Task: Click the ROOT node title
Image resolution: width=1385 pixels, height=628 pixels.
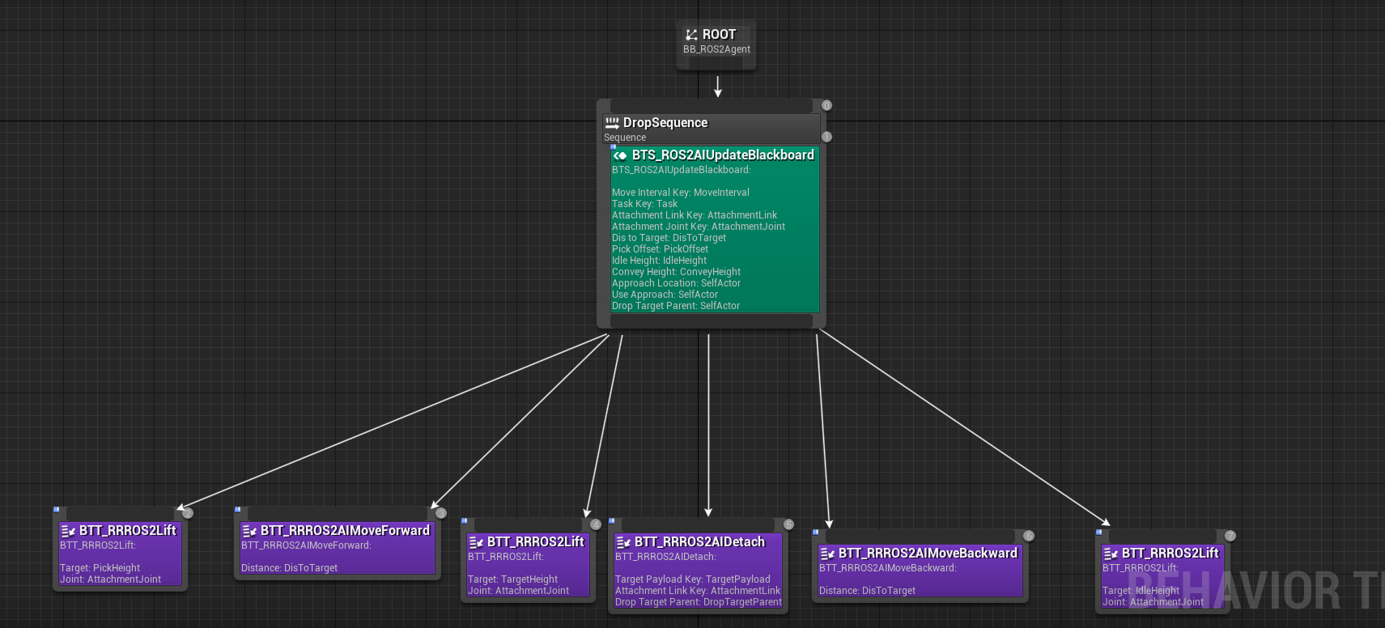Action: [719, 35]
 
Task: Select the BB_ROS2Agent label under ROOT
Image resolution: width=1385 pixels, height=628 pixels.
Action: [716, 49]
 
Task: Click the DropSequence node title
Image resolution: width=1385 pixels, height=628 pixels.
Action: [665, 122]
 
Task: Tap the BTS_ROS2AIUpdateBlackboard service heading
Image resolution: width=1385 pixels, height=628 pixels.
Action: [723, 155]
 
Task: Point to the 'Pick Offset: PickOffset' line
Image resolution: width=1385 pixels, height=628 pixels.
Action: [660, 249]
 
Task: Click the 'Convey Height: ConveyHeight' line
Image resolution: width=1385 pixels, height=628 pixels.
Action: [676, 272]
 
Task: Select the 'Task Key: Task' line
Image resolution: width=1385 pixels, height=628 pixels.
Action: [644, 204]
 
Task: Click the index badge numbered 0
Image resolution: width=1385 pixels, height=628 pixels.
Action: [826, 106]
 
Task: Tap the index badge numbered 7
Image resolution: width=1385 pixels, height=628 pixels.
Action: [1230, 536]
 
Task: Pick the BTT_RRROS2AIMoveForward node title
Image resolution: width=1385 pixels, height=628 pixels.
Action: [345, 530]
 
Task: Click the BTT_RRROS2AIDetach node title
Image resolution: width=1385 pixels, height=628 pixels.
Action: [699, 542]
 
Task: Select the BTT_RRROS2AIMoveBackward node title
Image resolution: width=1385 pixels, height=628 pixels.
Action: [928, 554]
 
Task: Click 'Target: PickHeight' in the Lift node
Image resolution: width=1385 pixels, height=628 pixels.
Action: [100, 568]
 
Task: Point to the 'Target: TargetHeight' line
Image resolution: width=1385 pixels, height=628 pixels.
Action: [512, 579]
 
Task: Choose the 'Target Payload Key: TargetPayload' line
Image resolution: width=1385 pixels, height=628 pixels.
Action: [693, 579]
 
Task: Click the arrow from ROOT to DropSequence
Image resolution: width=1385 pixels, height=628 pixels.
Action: [718, 87]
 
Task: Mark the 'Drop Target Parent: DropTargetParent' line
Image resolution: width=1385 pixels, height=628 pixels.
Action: [699, 602]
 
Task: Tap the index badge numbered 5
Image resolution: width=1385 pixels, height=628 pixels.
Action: [788, 524]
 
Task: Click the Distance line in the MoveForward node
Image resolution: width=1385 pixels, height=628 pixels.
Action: [289, 568]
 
